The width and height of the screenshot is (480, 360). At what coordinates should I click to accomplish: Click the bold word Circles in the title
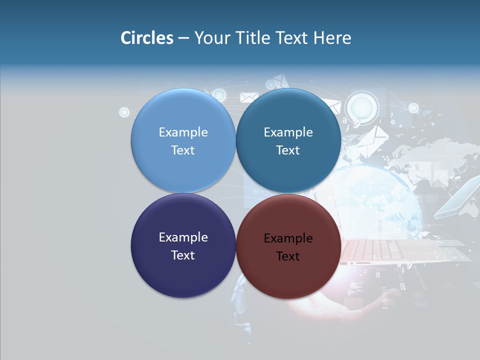click(x=147, y=38)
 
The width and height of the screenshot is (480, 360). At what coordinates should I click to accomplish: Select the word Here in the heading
click(x=332, y=38)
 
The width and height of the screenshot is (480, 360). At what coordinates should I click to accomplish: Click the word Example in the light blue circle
click(x=183, y=132)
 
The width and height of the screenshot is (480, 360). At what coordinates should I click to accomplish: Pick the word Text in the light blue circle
click(x=183, y=150)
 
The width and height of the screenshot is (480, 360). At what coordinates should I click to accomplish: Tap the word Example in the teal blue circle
click(x=288, y=132)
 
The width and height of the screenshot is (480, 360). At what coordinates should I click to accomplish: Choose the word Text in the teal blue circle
click(x=288, y=150)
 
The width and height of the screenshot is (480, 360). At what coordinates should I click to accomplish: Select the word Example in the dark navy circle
click(x=183, y=237)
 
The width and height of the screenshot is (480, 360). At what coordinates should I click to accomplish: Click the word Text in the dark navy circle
click(x=183, y=255)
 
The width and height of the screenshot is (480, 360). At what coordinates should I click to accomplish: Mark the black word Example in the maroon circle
click(x=288, y=238)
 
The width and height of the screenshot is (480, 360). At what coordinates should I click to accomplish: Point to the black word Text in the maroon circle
click(x=288, y=256)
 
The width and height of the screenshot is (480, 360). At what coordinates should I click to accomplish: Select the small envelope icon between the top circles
click(x=248, y=97)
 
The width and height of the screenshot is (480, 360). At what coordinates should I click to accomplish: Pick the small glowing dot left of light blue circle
click(x=124, y=112)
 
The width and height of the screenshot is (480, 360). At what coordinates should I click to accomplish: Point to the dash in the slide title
click(x=183, y=38)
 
